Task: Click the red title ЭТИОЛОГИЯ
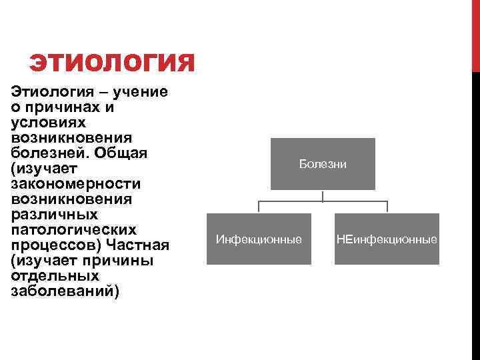pos(112,64)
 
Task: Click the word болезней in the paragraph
pos(47,153)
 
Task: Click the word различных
pos(55,214)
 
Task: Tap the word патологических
pos(73,229)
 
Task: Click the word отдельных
pos(55,275)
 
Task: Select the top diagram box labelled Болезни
pos(323,164)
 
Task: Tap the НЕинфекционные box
pos(387,239)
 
